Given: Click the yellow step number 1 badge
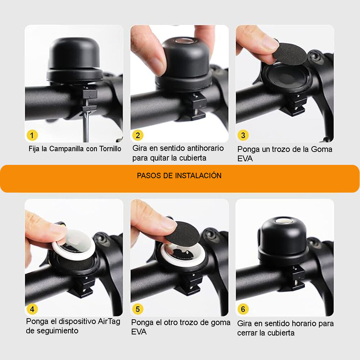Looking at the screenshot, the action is click(x=32, y=135).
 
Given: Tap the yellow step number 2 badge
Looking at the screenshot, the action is click(x=138, y=135).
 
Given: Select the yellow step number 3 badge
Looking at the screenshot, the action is click(x=243, y=135).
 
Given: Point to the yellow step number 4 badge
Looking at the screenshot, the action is click(x=32, y=309).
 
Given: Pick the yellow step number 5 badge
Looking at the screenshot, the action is click(x=138, y=309).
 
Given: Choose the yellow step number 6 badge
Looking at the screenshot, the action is click(x=243, y=309).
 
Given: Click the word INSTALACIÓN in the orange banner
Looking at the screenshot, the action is click(x=198, y=175).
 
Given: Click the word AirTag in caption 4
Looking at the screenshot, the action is click(x=109, y=321).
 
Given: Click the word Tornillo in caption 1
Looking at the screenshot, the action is click(x=110, y=149).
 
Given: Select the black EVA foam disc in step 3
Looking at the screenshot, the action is click(x=290, y=54).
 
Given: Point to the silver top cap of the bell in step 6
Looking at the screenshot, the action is click(x=283, y=221).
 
